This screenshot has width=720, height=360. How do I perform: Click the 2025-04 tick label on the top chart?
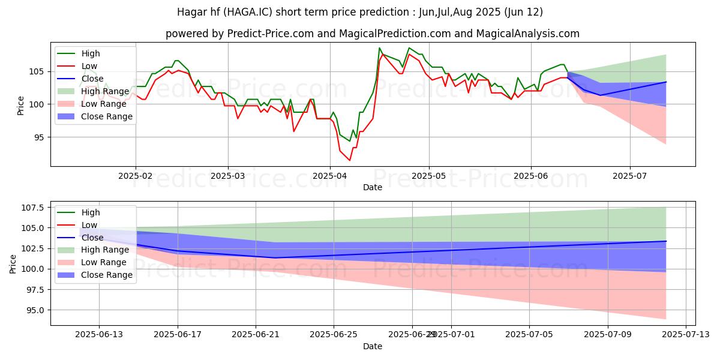pos(329,176)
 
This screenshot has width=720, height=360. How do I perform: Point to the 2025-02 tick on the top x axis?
pos(136,176)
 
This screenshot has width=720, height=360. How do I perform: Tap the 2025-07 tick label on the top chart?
pos(630,176)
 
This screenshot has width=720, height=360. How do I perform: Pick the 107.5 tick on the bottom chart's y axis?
pos(34,208)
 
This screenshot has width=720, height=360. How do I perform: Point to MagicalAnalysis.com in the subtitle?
pos(527,34)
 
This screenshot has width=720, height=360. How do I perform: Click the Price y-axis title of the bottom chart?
pos(13,263)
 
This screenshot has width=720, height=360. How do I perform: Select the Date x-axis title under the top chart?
pos(373,187)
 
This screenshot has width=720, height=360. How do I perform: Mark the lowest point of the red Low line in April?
pos(350,160)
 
